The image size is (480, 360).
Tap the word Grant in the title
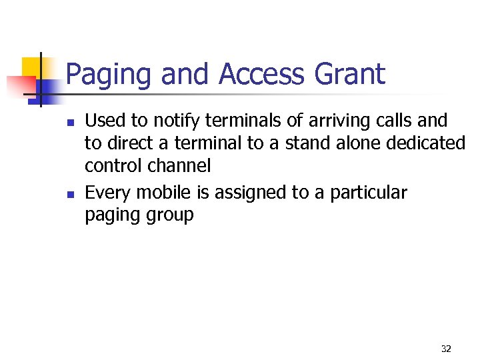click(351, 74)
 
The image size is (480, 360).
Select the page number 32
click(446, 349)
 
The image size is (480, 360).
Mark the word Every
click(107, 193)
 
